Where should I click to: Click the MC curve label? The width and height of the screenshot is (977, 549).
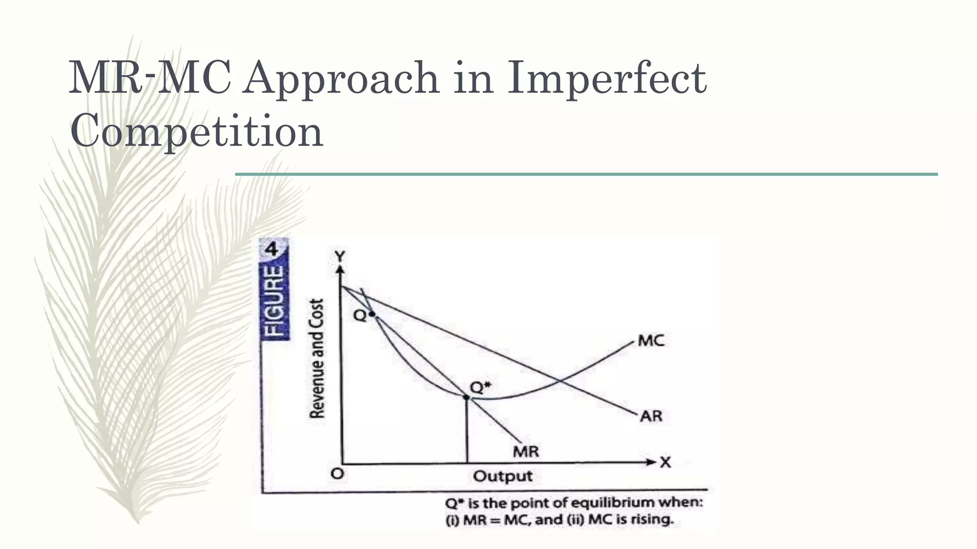651,341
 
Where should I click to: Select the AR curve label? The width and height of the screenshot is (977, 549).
651,416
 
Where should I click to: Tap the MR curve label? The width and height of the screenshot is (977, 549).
526,451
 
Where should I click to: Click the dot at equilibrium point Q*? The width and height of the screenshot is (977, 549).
467,397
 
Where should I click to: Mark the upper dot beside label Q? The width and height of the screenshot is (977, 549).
372,314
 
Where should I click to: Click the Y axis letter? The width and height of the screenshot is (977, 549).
339,257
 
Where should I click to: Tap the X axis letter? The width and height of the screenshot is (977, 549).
665,462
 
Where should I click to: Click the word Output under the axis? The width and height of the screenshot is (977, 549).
503,476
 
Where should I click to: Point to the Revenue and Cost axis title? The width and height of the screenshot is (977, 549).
317,358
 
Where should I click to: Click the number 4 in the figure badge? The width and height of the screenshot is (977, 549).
271,249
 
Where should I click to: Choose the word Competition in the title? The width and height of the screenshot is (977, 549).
197,131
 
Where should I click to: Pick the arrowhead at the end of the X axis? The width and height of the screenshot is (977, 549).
651,462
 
